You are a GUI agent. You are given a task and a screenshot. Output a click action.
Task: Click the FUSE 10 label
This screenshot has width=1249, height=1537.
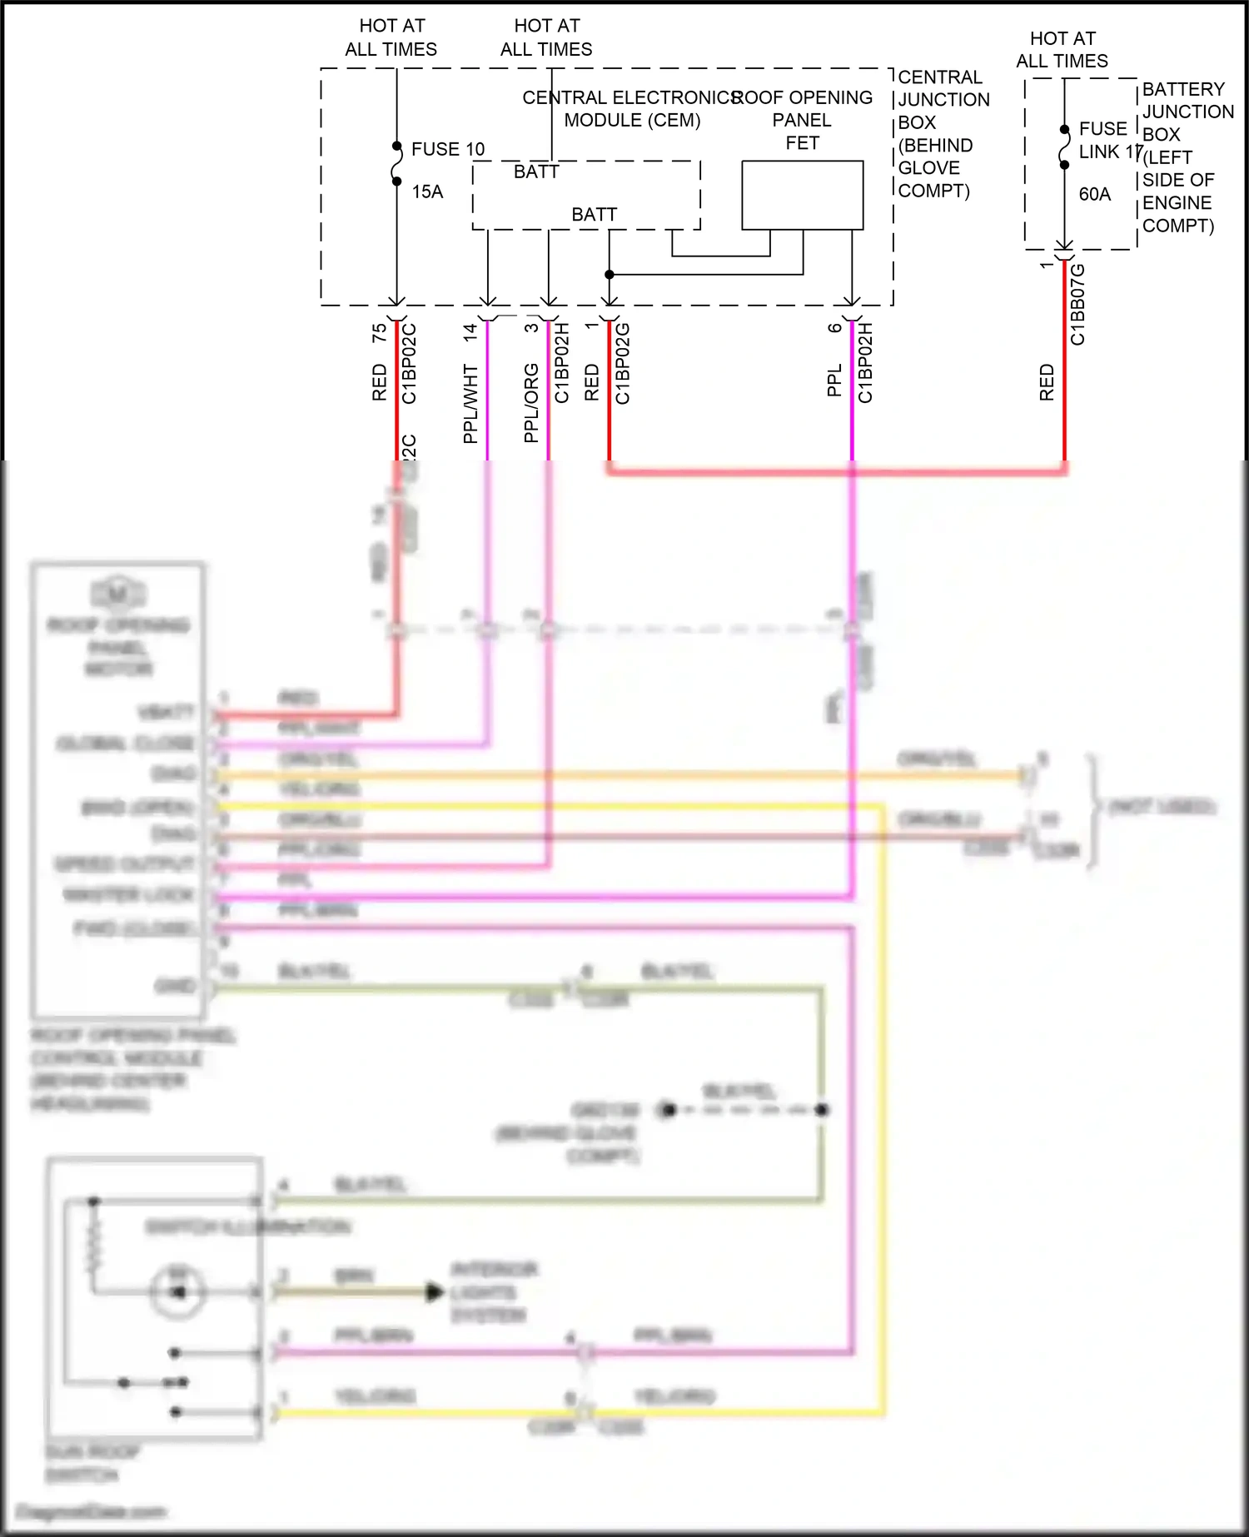pyautogui.click(x=447, y=149)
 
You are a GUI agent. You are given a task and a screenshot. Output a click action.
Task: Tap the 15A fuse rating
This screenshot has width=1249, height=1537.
pyautogui.click(x=427, y=192)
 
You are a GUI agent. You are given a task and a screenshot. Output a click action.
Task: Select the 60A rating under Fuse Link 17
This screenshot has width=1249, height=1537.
pyautogui.click(x=1094, y=194)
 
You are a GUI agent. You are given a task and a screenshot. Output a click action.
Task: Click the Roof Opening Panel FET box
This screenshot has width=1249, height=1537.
pyautogui.click(x=802, y=195)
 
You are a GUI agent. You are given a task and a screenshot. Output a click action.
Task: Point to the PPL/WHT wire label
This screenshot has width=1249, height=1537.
pyautogui.click(x=470, y=403)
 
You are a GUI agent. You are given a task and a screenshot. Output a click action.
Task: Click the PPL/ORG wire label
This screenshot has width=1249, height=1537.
pyautogui.click(x=531, y=403)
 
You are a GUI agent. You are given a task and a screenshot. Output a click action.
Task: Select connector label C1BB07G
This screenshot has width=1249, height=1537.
pyautogui.click(x=1077, y=304)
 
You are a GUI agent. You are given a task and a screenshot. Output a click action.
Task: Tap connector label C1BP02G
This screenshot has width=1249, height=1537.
pyautogui.click(x=623, y=363)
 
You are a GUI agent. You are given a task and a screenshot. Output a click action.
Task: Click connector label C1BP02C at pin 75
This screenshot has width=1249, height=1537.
pyautogui.click(x=409, y=363)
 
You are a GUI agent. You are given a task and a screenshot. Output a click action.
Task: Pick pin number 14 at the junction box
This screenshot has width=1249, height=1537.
pyautogui.click(x=470, y=331)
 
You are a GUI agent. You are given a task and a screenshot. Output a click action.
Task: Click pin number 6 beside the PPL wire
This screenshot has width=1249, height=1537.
pyautogui.click(x=835, y=328)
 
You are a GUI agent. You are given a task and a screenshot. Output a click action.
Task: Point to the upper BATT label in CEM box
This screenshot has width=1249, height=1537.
pyautogui.click(x=536, y=172)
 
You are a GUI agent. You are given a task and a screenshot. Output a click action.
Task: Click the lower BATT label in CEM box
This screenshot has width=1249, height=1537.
pyautogui.click(x=594, y=215)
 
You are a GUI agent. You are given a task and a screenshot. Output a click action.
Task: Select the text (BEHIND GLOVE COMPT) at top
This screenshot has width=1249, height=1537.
pyautogui.click(x=934, y=167)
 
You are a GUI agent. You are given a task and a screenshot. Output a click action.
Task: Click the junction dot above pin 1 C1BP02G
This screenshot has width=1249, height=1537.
pyautogui.click(x=610, y=274)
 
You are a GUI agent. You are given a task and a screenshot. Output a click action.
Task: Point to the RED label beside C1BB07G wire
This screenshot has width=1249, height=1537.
pyautogui.click(x=1047, y=382)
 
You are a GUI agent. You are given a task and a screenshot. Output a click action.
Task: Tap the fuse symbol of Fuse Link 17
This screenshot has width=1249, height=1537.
pyautogui.click(x=1064, y=147)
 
